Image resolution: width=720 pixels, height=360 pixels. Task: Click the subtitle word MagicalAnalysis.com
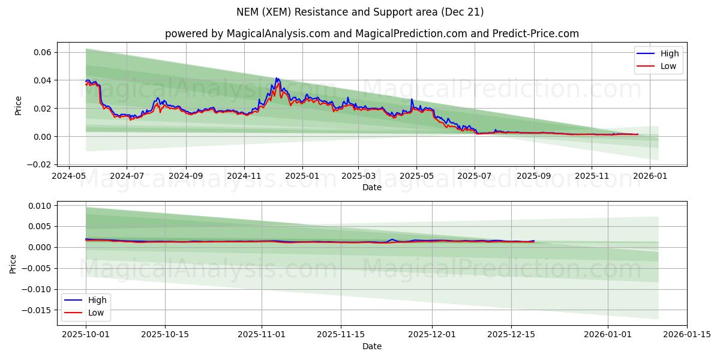[278, 34]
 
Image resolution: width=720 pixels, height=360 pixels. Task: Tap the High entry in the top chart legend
[669, 53]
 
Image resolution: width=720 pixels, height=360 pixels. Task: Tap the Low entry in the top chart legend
[668, 66]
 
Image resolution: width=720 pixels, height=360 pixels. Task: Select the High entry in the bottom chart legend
[97, 300]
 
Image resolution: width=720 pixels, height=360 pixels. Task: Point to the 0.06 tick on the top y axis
[41, 53]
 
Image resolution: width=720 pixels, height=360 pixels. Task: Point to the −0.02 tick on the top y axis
[39, 164]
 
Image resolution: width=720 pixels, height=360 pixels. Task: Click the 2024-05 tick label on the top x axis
[69, 176]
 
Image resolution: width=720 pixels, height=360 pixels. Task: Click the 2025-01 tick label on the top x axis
[302, 176]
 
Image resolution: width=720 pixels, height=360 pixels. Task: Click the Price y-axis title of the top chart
[18, 106]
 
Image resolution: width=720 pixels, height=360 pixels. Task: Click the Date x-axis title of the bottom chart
[372, 347]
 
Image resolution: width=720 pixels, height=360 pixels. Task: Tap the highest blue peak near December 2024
[277, 78]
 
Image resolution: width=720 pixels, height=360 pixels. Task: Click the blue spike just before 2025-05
[412, 99]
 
